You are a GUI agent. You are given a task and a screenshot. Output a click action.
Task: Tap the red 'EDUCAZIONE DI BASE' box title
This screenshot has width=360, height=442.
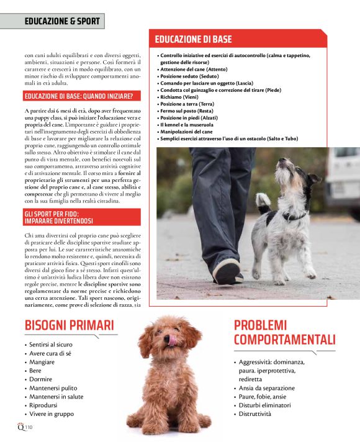(193, 39)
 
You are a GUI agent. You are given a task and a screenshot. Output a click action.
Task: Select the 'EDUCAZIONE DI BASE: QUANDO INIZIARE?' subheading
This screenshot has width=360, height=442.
(82, 96)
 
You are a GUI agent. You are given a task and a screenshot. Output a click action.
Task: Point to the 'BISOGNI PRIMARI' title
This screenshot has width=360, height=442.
(69, 325)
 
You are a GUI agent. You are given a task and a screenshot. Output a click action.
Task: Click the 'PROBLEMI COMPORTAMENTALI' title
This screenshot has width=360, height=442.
(284, 332)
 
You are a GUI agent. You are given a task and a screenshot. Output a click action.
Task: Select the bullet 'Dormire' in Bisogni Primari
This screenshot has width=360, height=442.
(41, 379)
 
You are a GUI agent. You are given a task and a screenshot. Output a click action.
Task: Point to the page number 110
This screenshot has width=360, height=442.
(29, 427)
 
